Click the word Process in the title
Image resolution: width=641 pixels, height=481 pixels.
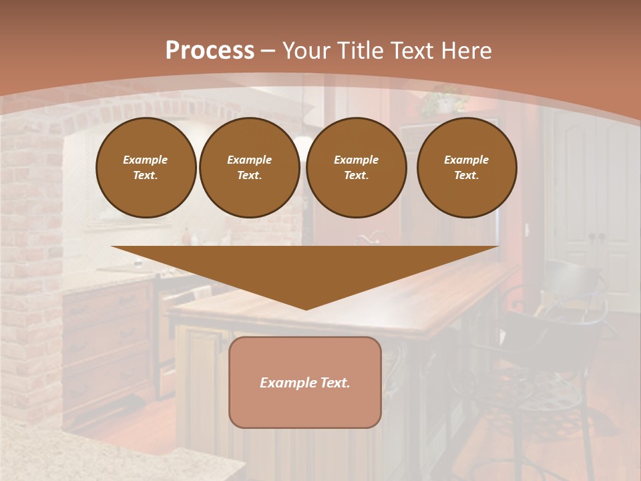(x=210, y=51)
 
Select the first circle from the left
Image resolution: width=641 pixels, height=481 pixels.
(x=146, y=168)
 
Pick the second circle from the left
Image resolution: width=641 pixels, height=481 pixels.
(x=250, y=168)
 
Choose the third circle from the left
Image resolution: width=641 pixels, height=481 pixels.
(x=356, y=168)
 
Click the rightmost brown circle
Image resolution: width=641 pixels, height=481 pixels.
(x=467, y=168)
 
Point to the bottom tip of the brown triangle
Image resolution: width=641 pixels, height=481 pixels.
(x=306, y=308)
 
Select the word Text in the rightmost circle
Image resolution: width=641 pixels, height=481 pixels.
(x=466, y=176)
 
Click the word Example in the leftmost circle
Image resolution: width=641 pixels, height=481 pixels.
(x=146, y=160)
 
